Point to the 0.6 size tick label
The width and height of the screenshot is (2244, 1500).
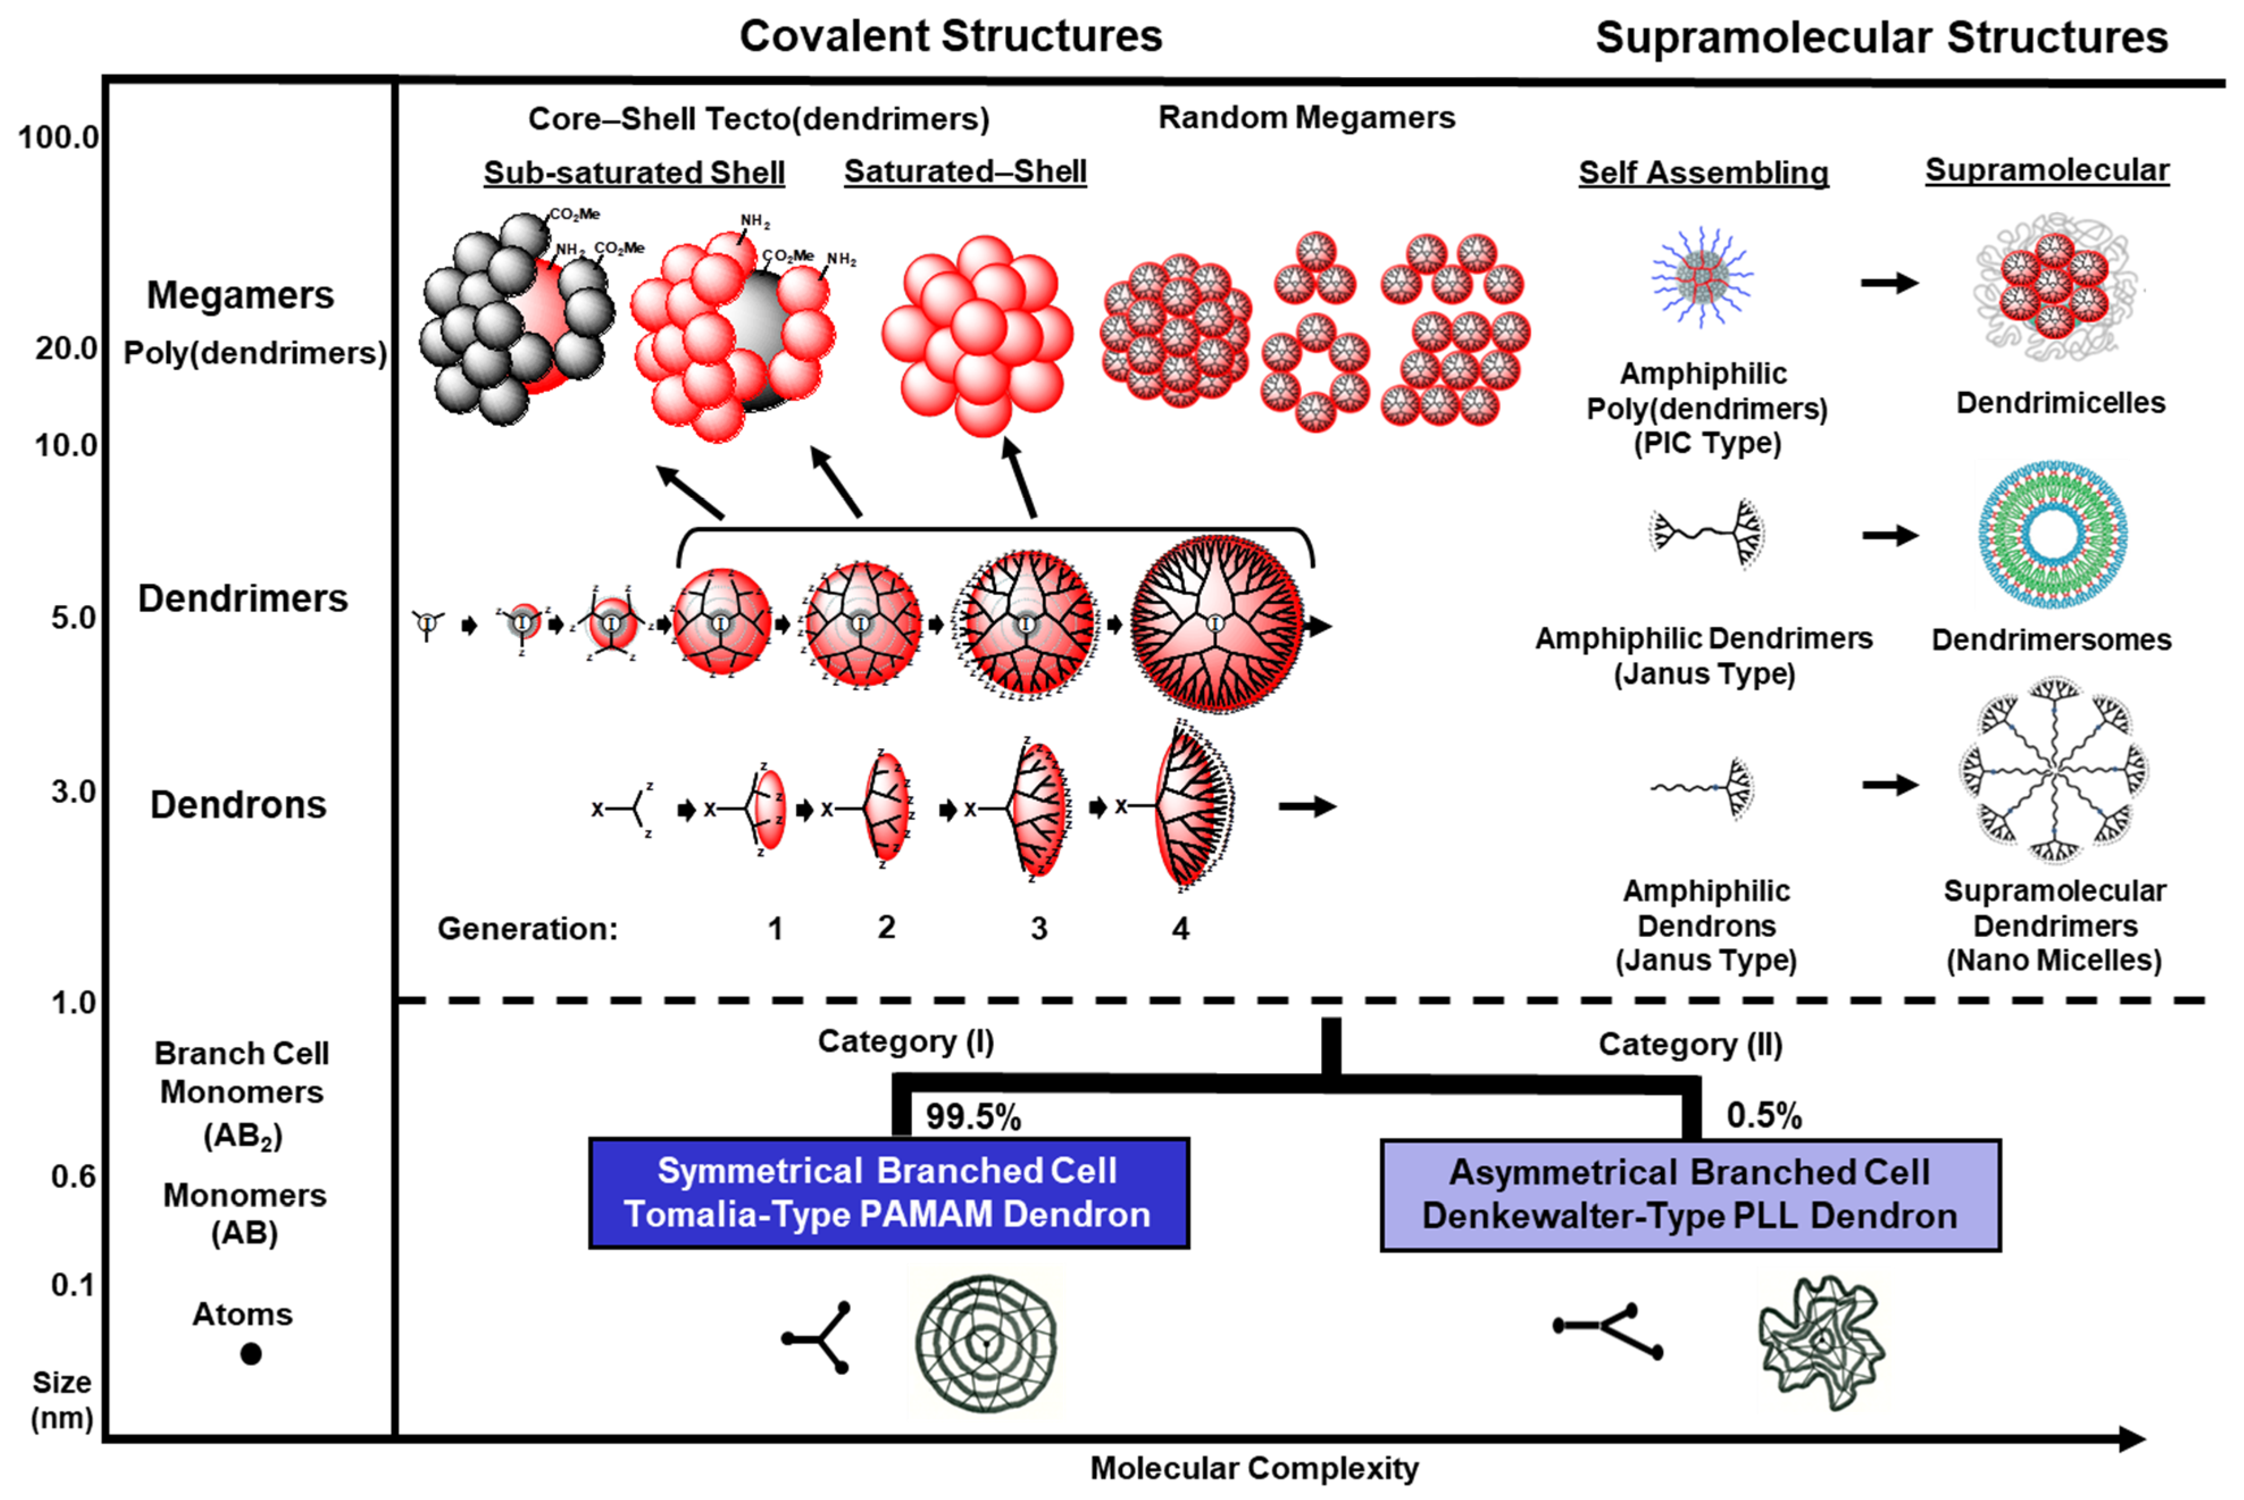pyautogui.click(x=73, y=1176)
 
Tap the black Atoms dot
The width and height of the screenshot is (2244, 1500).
pyautogui.click(x=250, y=1354)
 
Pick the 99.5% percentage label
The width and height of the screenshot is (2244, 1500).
pyautogui.click(x=972, y=1116)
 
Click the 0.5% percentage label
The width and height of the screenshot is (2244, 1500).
pyautogui.click(x=1763, y=1116)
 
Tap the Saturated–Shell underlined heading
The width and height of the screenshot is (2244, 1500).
pyautogui.click(x=964, y=171)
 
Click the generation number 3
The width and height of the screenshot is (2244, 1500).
pyautogui.click(x=1038, y=928)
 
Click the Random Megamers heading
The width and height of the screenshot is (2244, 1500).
pyautogui.click(x=1306, y=118)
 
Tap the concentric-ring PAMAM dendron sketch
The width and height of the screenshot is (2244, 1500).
pyautogui.click(x=985, y=1344)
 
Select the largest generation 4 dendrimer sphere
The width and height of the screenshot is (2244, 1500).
pyautogui.click(x=1215, y=624)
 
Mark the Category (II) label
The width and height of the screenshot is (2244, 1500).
pyautogui.click(x=1690, y=1044)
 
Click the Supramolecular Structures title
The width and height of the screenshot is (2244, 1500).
pyautogui.click(x=1881, y=38)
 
